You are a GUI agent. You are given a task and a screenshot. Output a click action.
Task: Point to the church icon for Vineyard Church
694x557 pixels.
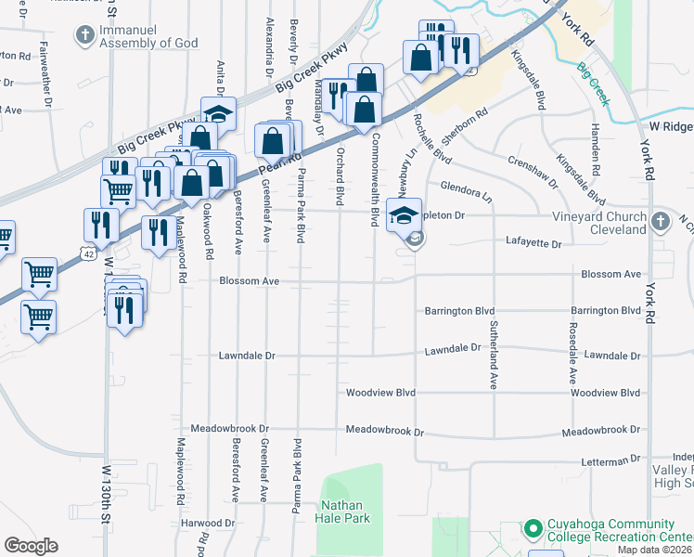(660, 223)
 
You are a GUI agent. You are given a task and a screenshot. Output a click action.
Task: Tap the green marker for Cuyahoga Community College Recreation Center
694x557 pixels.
(532, 529)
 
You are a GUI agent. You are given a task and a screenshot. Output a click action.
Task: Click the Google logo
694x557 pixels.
(31, 546)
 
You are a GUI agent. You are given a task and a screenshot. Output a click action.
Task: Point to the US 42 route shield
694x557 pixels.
(87, 253)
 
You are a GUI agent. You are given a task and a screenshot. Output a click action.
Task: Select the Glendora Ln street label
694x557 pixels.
(466, 190)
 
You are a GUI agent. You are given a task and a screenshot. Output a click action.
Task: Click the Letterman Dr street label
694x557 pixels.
(609, 461)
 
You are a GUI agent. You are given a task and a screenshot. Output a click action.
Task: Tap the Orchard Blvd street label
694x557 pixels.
(340, 175)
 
